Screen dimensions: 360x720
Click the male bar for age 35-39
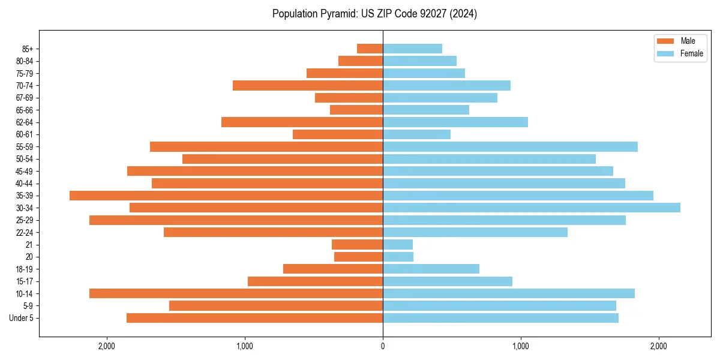pos(226,196)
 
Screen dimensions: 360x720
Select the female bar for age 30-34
pos(532,208)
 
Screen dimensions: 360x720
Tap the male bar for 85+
pos(370,49)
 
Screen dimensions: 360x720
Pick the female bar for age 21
pos(398,245)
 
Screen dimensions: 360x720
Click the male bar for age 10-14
pos(236,293)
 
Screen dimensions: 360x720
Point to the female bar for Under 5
pos(500,318)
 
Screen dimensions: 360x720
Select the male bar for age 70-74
pos(308,85)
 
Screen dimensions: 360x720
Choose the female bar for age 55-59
pos(510,146)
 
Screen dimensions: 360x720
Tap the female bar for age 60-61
pos(416,134)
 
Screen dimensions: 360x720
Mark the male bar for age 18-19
pos(333,269)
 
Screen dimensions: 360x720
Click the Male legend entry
pos(688,41)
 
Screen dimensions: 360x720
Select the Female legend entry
pos(691,53)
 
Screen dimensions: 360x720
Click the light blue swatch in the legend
pos(666,53)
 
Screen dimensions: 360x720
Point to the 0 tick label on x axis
pos(383,346)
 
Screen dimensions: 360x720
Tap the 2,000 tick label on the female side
pos(659,346)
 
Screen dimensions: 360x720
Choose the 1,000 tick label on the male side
pos(245,346)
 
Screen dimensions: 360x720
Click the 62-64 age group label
pos(25,122)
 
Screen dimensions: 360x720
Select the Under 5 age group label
pos(21,318)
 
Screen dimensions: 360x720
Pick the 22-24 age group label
pos(25,232)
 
